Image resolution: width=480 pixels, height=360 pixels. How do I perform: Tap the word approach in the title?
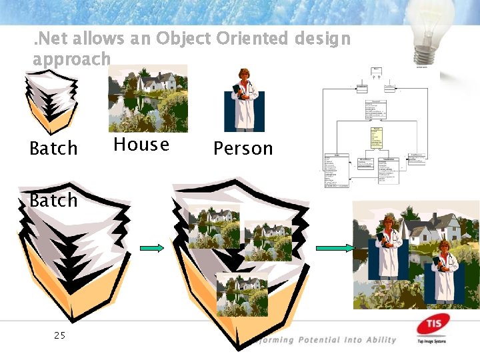tap(71, 59)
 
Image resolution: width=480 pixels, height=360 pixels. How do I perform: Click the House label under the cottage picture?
tap(141, 145)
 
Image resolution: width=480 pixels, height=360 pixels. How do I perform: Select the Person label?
tap(243, 148)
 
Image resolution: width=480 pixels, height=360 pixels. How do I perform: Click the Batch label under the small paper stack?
tap(54, 148)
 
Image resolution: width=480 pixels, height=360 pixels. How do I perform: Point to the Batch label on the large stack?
tap(54, 200)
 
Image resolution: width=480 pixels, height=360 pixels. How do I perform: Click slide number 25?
tap(59, 335)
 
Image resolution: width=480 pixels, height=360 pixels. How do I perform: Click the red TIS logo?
tap(431, 327)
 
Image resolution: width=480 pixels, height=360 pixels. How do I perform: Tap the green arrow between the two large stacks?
tap(152, 248)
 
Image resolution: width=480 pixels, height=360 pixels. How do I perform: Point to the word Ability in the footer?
tap(381, 340)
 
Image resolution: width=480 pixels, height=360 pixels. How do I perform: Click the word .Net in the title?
tap(51, 39)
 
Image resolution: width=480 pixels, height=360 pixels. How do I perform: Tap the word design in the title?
tap(323, 39)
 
